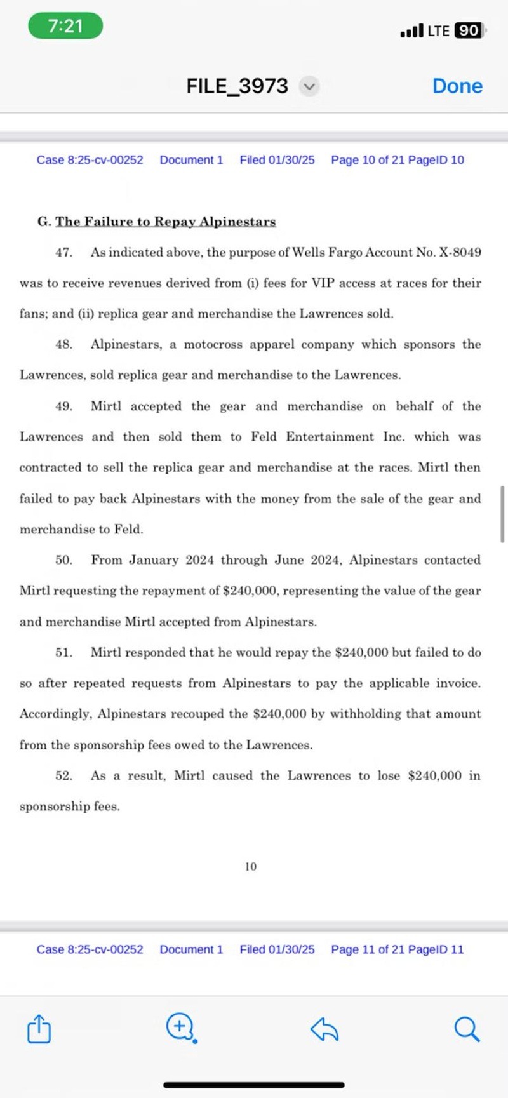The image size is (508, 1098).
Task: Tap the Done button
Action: [x=457, y=86]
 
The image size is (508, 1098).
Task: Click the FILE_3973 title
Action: [x=237, y=86]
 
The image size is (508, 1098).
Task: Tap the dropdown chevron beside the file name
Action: [x=309, y=86]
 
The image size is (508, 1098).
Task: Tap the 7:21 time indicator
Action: [x=65, y=26]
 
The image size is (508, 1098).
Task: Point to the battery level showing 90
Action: [x=469, y=30]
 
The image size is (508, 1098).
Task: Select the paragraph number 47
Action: [x=63, y=252]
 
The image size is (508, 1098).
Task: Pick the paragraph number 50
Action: [x=63, y=560]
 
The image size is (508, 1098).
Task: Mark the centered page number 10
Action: [x=251, y=866]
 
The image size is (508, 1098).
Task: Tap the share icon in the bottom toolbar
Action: [x=39, y=1029]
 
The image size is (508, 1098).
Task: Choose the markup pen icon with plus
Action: [x=181, y=1028]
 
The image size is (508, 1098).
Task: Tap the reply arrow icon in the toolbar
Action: [x=324, y=1028]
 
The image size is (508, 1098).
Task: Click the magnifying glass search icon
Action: [x=467, y=1028]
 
